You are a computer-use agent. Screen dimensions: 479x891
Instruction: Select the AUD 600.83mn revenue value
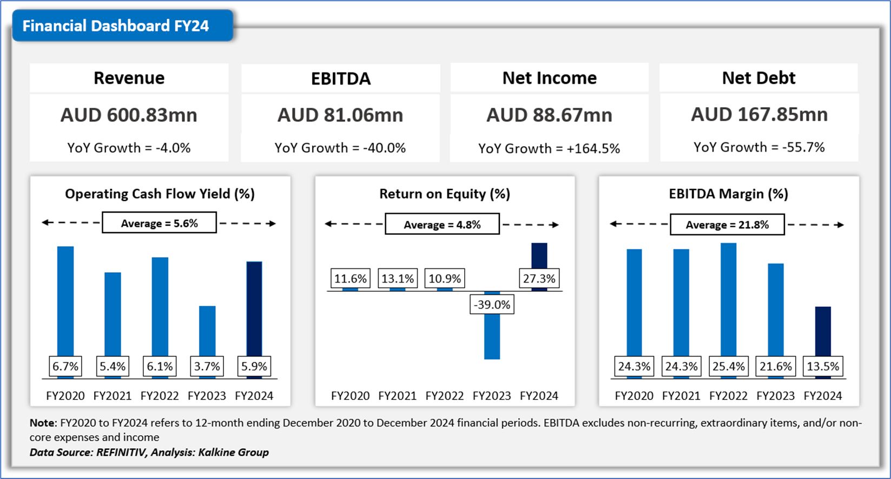coord(129,115)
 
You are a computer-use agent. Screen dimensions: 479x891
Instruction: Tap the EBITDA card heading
coord(341,78)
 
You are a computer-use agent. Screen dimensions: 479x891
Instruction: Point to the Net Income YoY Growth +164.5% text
coord(549,148)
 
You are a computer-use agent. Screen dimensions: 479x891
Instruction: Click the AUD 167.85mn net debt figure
coord(759,114)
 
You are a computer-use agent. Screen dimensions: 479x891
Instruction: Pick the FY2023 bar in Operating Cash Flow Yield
coord(207,330)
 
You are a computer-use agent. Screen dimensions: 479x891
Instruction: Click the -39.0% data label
coord(492,305)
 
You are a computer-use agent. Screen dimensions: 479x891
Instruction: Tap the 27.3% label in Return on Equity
coord(539,279)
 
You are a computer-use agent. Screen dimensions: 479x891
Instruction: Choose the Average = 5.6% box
coord(159,223)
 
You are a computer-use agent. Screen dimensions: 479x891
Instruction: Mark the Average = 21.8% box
coord(727,225)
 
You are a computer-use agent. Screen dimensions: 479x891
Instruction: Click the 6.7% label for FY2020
coord(65,366)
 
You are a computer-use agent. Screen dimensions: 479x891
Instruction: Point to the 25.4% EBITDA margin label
coord(728,366)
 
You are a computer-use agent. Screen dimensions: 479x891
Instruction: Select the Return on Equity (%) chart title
coord(445,194)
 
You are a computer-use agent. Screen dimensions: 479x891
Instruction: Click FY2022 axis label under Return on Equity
coord(445,396)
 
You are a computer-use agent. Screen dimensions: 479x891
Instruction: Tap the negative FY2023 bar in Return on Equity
coord(492,338)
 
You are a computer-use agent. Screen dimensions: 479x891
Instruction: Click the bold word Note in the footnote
coord(42,423)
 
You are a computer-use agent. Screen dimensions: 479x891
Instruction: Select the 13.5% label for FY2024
coord(823,366)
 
